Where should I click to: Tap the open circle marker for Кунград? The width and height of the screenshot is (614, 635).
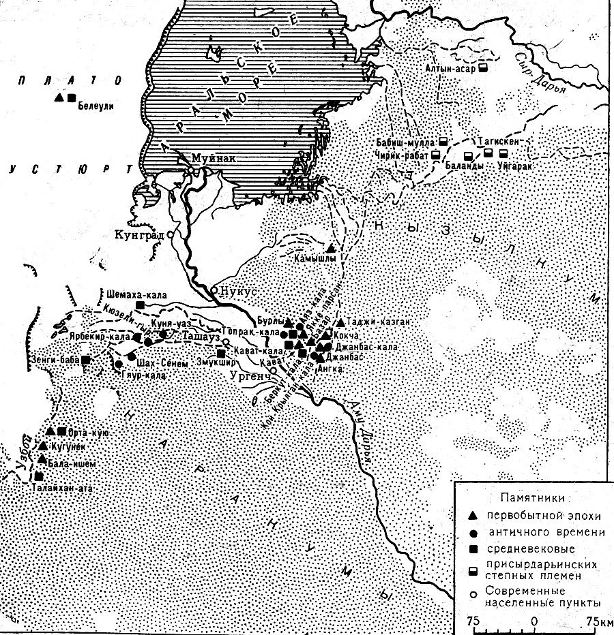pos(170,233)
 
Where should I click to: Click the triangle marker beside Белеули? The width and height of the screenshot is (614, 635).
pos(59,98)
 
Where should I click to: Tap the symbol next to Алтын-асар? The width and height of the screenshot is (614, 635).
pos(482,69)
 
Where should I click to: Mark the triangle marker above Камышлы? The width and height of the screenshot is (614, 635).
pos(331,248)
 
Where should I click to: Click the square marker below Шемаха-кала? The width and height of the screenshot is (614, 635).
pos(139,305)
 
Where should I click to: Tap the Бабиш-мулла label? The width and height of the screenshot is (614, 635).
pos(405,143)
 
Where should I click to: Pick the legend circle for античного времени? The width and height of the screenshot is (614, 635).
pos(471,531)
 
